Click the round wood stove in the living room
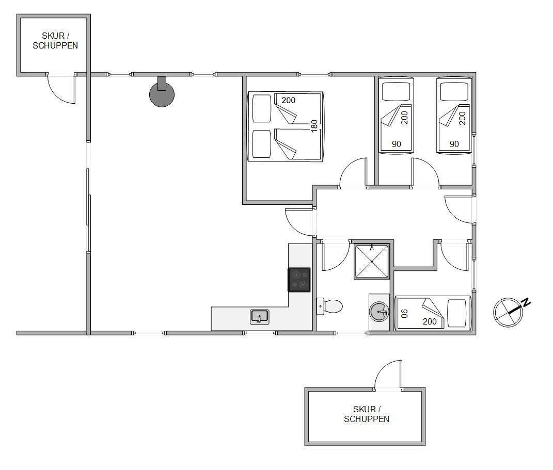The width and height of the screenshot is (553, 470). tap(162, 94)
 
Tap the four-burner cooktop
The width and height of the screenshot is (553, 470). tap(299, 280)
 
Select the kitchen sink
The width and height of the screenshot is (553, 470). tap(260, 317)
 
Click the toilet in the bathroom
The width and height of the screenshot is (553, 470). tap(330, 306)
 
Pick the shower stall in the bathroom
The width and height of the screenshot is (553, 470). tap(372, 262)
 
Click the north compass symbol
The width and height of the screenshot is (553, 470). tap(508, 312)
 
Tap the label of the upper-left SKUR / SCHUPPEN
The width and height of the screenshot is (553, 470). tap(55, 41)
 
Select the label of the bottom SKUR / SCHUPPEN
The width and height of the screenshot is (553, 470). tap(367, 414)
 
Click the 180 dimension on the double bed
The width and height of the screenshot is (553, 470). tap(314, 126)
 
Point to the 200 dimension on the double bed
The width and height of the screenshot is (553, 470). tap(288, 101)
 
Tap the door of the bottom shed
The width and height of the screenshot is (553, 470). tap(388, 375)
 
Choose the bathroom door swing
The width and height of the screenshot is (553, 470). tap(336, 256)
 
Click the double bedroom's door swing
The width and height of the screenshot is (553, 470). tap(353, 172)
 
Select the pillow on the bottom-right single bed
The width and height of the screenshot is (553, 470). tap(457, 313)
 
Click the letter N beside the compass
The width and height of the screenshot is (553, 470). tap(526, 302)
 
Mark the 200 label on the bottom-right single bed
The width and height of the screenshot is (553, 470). tap(430, 321)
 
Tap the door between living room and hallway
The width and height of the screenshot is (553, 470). tap(299, 222)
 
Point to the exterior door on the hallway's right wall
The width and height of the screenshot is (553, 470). tap(459, 209)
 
